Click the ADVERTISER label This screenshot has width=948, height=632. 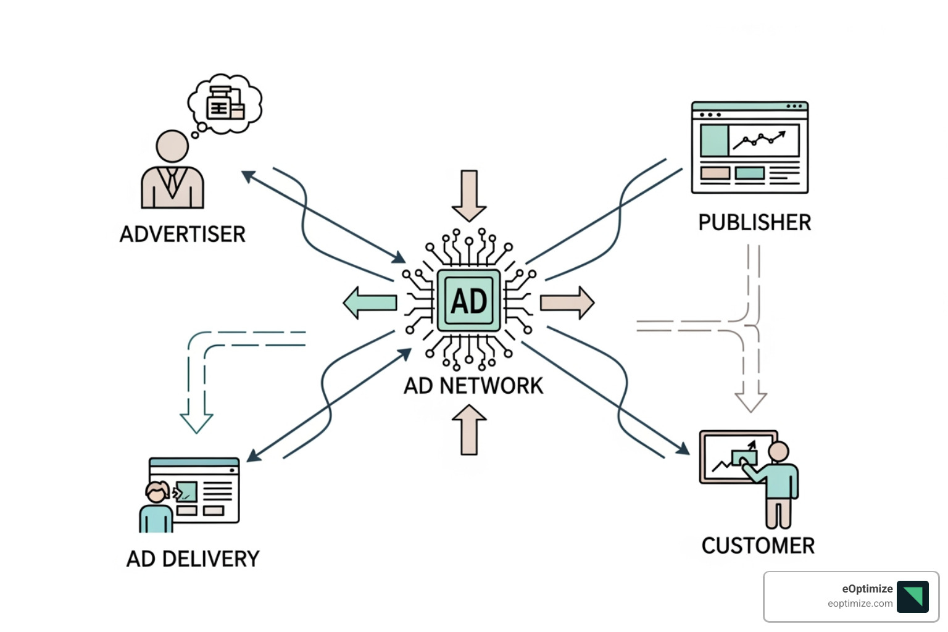[183, 234]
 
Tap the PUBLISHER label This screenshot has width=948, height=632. [754, 222]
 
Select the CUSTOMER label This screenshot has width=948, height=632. [758, 546]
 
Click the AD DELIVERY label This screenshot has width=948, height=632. [193, 559]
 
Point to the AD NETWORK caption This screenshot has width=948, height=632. [473, 386]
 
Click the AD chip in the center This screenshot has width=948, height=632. [469, 301]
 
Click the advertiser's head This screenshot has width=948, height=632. [172, 146]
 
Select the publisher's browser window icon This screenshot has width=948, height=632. [749, 148]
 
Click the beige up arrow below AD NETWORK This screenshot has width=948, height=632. [469, 430]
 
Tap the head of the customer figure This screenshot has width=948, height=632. [778, 451]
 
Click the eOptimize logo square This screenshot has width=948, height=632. [912, 596]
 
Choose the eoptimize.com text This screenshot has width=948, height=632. [860, 604]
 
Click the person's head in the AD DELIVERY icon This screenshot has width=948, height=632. [157, 493]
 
